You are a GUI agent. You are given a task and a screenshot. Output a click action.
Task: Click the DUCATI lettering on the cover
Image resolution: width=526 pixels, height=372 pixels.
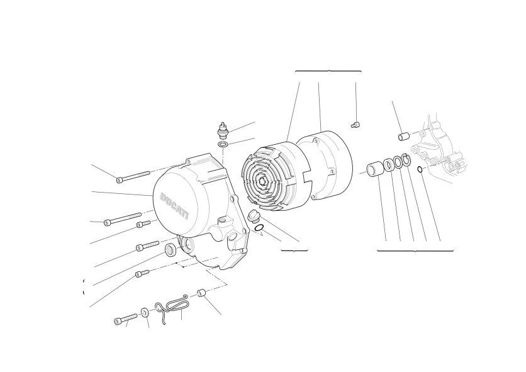pos(174,205)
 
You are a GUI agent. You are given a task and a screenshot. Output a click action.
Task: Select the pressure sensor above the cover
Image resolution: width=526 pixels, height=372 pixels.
pos(221,131)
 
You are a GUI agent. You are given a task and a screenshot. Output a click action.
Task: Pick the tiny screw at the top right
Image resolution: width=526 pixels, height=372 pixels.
pos(355,125)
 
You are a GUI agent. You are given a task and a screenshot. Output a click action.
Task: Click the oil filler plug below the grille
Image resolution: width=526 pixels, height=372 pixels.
pos(252,217)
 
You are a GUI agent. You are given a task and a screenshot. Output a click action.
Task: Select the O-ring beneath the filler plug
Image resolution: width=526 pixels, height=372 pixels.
pos(259,228)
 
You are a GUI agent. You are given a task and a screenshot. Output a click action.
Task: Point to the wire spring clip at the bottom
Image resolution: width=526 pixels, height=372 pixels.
pos(171,308)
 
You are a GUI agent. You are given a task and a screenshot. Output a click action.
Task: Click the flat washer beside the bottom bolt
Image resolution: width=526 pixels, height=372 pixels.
pos(145,313)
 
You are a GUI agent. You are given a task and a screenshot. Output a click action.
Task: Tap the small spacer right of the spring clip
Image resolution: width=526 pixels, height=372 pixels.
pos(201,293)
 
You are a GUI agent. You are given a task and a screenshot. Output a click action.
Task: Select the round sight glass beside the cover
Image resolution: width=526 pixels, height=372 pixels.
pos(171,250)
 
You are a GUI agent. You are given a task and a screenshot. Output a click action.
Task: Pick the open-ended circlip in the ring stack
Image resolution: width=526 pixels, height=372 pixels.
pos(406,159)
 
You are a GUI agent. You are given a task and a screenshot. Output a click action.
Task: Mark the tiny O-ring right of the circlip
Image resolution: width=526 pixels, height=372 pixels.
pos(420,169)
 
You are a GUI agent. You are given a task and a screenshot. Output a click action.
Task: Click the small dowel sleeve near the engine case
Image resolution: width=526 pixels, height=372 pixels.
pos(404,137)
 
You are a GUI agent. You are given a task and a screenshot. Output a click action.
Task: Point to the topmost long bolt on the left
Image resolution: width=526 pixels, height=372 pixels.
pos(133,177)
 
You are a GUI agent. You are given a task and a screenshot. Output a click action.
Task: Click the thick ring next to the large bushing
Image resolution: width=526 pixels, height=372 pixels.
pos(389,164)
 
